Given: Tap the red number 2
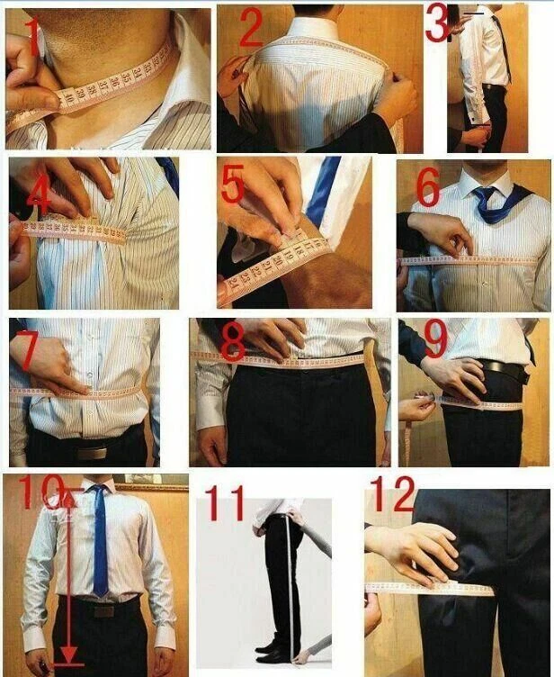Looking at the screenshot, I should (x=249, y=29).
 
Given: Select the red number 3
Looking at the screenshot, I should (x=437, y=24).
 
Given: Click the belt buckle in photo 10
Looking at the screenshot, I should (x=103, y=609).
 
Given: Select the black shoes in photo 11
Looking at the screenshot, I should (x=273, y=650).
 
